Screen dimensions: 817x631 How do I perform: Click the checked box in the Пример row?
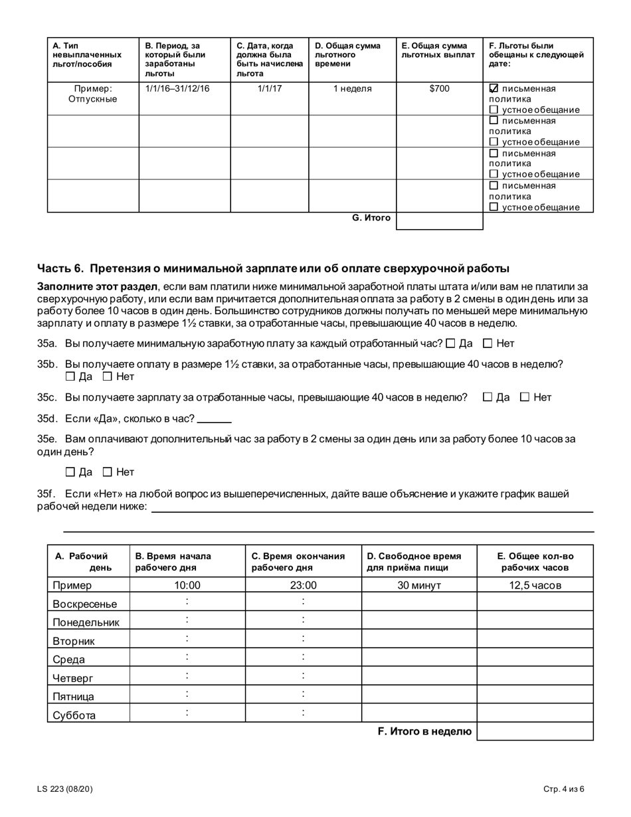494,88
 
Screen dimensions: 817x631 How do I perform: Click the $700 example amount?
439,88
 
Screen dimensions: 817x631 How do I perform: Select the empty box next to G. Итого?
439,221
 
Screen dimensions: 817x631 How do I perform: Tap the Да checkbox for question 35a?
451,343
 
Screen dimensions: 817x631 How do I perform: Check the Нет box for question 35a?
488,343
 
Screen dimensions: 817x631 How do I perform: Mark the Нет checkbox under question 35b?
108,377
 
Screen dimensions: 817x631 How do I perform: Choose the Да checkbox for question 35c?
488,397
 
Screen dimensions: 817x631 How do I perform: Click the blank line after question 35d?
214,419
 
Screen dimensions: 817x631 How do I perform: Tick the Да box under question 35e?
70,472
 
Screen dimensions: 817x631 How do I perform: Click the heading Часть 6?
273,268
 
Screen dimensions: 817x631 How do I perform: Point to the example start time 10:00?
187,585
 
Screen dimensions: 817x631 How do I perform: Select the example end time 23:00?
304,585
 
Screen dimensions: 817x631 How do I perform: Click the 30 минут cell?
419,585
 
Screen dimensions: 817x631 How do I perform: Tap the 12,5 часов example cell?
535,585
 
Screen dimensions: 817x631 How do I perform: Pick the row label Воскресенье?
84,604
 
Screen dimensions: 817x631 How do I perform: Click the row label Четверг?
73,678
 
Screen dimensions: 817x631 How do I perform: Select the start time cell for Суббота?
187,713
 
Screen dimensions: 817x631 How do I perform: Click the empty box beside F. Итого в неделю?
535,731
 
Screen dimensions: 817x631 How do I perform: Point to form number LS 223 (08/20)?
65,789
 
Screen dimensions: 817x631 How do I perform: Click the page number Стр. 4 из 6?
563,789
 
